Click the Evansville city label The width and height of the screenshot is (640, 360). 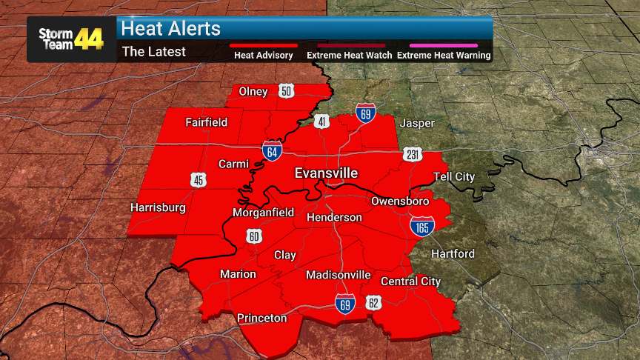tap(326, 173)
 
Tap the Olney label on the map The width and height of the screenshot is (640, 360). tap(253, 91)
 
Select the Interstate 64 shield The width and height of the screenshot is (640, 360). tap(271, 150)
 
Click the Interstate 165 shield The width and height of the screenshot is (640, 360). tap(421, 226)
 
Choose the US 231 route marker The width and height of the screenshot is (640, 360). tap(413, 155)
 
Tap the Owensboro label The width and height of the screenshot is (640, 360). tap(400, 201)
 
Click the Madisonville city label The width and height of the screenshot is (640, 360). tap(339, 275)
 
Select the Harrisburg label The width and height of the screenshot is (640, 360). tap(158, 207)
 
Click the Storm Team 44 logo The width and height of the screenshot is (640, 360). tap(71, 39)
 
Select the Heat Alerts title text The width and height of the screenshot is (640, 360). tap(171, 29)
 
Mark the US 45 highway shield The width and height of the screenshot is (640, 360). tap(198, 179)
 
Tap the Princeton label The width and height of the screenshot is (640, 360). tap(261, 318)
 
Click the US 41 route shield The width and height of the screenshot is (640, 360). tap(321, 121)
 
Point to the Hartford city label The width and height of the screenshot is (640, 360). tap(453, 254)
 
